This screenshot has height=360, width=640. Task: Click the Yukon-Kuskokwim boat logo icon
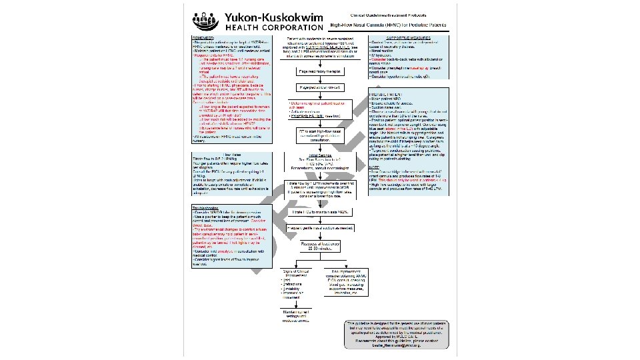coord(203,21)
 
